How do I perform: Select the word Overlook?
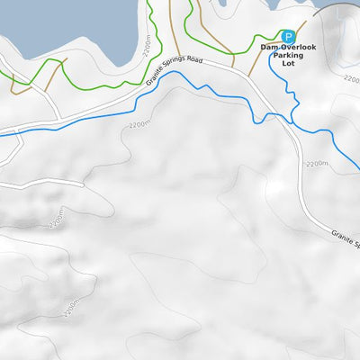click(x=297, y=46)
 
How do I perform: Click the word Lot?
click(x=289, y=64)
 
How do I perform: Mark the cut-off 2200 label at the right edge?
click(x=351, y=79)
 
